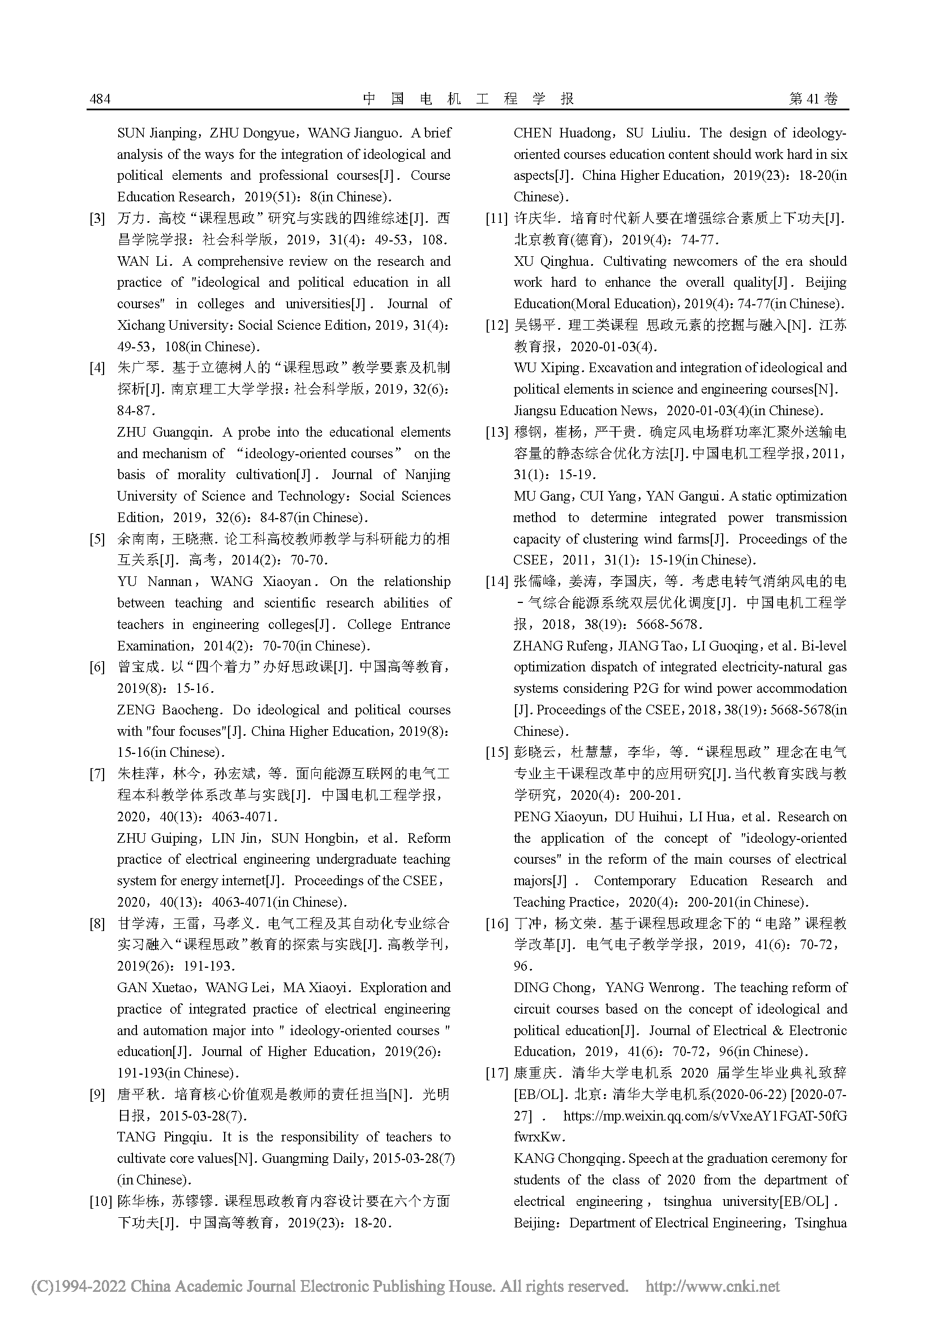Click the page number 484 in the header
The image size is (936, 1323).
click(x=100, y=99)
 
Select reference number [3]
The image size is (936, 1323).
click(x=97, y=219)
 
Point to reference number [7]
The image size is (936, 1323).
click(x=97, y=774)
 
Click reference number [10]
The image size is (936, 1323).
click(x=100, y=1201)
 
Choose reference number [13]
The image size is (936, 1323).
click(x=496, y=433)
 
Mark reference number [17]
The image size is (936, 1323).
click(x=496, y=1073)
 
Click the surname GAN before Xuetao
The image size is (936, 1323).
click(x=132, y=988)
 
